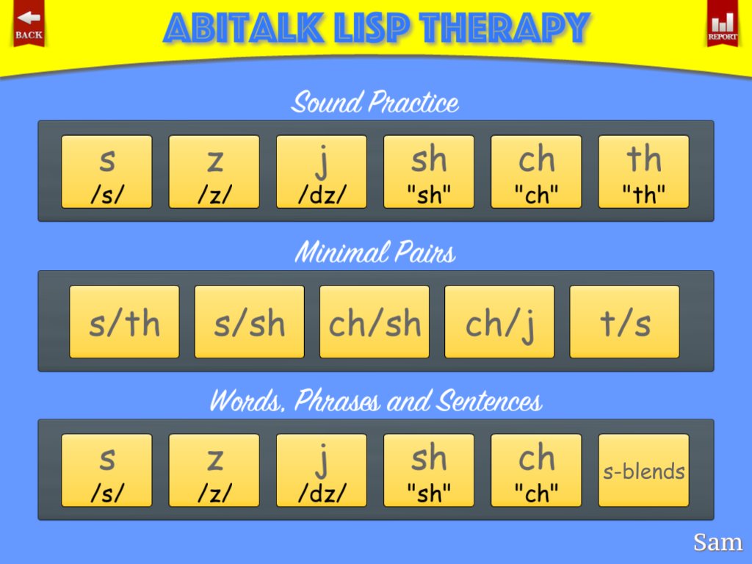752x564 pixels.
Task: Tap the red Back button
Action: tap(29, 23)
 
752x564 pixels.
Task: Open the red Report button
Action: tap(723, 23)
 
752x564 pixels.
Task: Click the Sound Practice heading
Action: tap(375, 102)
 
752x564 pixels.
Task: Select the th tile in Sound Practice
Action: tap(643, 172)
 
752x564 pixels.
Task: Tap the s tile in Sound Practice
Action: tap(106, 172)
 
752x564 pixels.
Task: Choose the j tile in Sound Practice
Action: tap(322, 172)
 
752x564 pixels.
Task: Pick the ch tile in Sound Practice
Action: tap(536, 172)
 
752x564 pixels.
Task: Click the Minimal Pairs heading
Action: tap(375, 253)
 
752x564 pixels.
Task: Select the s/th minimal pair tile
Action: tap(124, 322)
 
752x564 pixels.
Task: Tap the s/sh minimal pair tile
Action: tap(250, 322)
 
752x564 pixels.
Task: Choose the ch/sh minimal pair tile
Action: tap(375, 322)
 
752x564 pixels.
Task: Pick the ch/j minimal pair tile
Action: tap(499, 322)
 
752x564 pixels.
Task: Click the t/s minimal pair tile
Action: tap(624, 322)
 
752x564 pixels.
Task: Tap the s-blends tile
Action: tap(643, 471)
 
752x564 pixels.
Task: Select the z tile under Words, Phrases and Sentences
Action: tap(214, 471)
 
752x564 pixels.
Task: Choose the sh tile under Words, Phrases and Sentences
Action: tap(429, 471)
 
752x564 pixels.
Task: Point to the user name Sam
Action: tap(718, 543)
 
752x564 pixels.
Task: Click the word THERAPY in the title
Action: tap(505, 28)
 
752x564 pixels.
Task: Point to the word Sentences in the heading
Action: tap(490, 401)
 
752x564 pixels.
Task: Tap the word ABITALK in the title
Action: tap(244, 28)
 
